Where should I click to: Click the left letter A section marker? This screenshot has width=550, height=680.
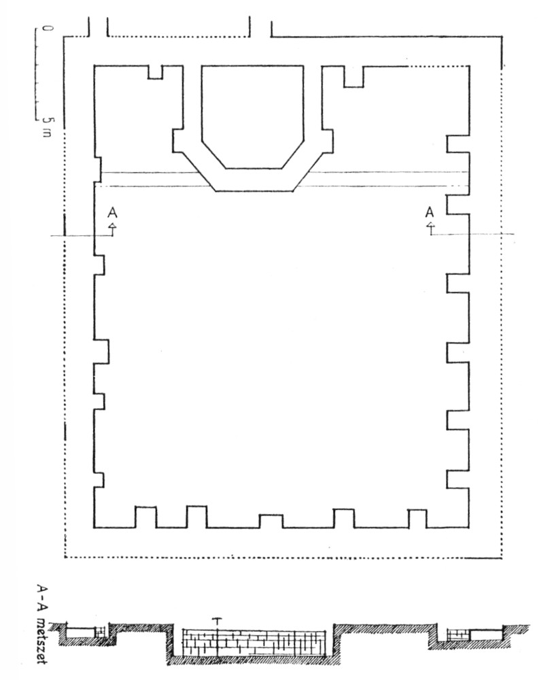[113, 213]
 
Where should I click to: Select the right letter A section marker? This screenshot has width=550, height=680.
[430, 212]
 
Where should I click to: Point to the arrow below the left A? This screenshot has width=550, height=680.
[113, 229]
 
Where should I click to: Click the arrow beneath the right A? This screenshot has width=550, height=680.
[430, 228]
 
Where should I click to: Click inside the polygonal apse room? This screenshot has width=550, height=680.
[252, 116]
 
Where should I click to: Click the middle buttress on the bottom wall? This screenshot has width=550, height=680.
[271, 521]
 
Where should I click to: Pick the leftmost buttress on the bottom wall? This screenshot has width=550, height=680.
[146, 517]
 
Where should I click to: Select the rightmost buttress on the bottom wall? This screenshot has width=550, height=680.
[417, 519]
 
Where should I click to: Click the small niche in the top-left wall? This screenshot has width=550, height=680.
[155, 73]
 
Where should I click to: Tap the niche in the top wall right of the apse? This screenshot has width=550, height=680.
[354, 76]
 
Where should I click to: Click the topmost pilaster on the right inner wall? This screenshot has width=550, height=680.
[458, 143]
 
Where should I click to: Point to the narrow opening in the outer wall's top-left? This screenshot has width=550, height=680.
[98, 28]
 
